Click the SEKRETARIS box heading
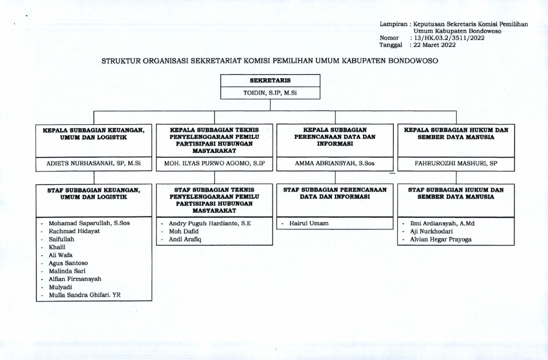tap(270, 80)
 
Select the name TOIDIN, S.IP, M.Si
tap(270, 92)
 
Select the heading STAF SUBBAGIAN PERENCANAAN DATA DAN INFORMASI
tap(334, 194)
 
